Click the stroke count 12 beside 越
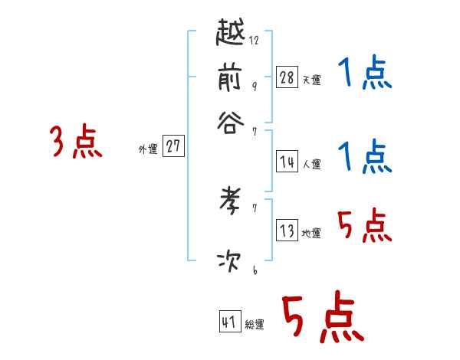(x=254, y=41)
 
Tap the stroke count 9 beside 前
(x=254, y=86)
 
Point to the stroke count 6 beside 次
(x=254, y=270)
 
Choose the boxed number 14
(x=287, y=162)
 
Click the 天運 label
(x=311, y=80)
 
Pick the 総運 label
(x=255, y=324)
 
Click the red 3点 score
(x=76, y=142)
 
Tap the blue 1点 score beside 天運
(x=364, y=74)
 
